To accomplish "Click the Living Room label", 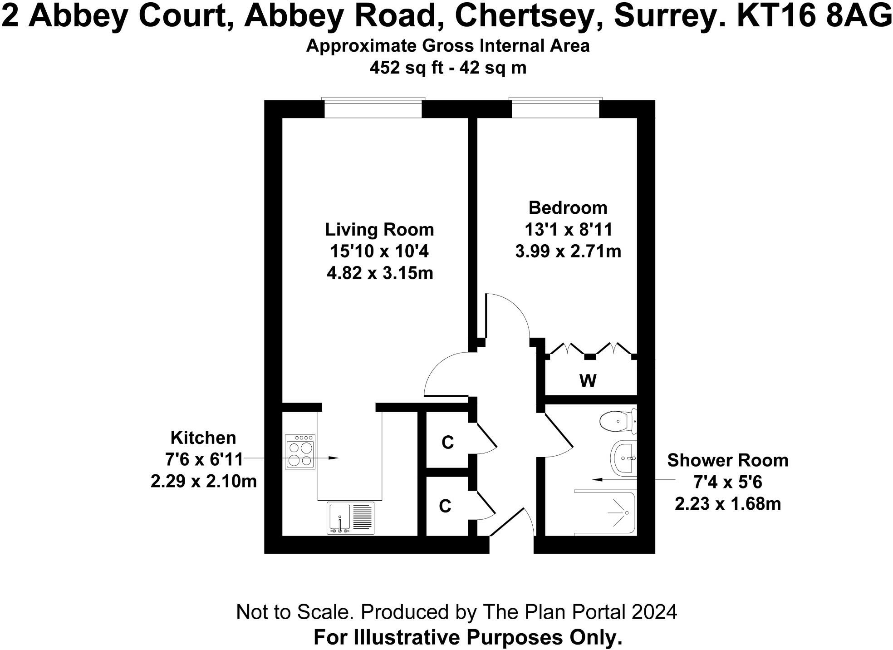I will click(x=379, y=229).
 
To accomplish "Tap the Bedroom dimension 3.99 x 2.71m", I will click(x=568, y=251).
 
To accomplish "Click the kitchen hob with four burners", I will click(x=300, y=452).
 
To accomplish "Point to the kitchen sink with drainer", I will click(x=350, y=518).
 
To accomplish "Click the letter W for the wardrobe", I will click(x=588, y=381).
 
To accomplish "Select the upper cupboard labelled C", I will click(x=447, y=442).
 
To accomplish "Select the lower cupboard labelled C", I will click(x=445, y=506).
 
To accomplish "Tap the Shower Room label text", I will click(x=727, y=460).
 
